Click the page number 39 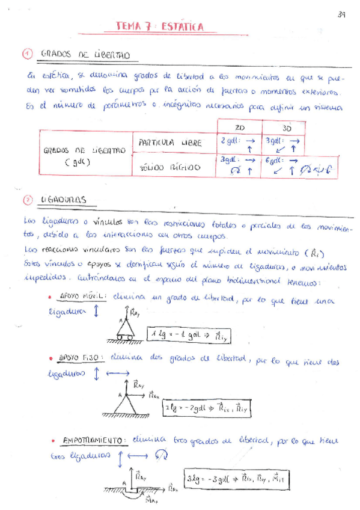[x=341, y=14]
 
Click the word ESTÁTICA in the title [x=182, y=26]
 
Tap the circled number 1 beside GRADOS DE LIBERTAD [x=27, y=54]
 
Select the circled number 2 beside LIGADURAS [x=27, y=200]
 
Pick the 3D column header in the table [x=287, y=129]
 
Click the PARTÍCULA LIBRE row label [x=168, y=144]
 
